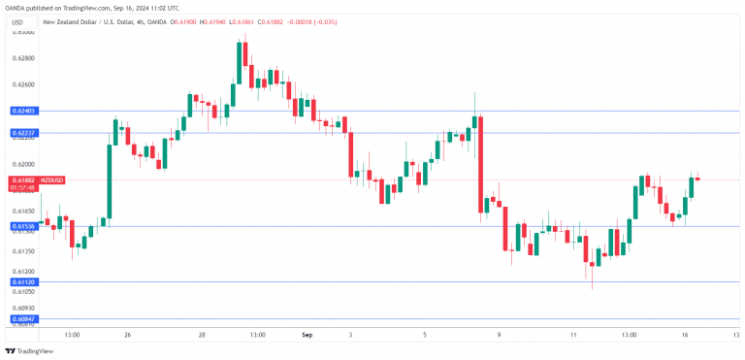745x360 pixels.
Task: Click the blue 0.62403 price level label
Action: coord(24,112)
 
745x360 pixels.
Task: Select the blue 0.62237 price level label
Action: coord(24,133)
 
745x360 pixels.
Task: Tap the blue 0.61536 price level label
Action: coord(24,226)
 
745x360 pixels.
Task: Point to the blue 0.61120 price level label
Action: coord(24,281)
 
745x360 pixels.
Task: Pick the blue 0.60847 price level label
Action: coord(24,318)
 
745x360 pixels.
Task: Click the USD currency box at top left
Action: coord(17,21)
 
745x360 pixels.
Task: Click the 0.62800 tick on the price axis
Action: coord(24,58)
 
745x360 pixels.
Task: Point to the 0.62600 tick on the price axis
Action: coord(24,84)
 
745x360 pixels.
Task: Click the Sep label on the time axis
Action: coord(308,335)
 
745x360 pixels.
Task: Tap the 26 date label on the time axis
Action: coord(127,335)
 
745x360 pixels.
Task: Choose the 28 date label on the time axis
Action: coord(202,335)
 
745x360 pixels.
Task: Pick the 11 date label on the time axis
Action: coord(573,335)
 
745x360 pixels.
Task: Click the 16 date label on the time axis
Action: coord(684,335)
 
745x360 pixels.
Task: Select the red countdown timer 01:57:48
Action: coord(24,187)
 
